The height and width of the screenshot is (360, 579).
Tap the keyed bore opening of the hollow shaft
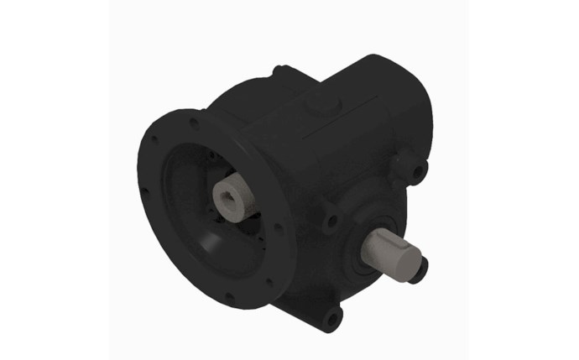[229, 202]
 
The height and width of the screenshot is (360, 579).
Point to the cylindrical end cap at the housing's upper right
[394, 92]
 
